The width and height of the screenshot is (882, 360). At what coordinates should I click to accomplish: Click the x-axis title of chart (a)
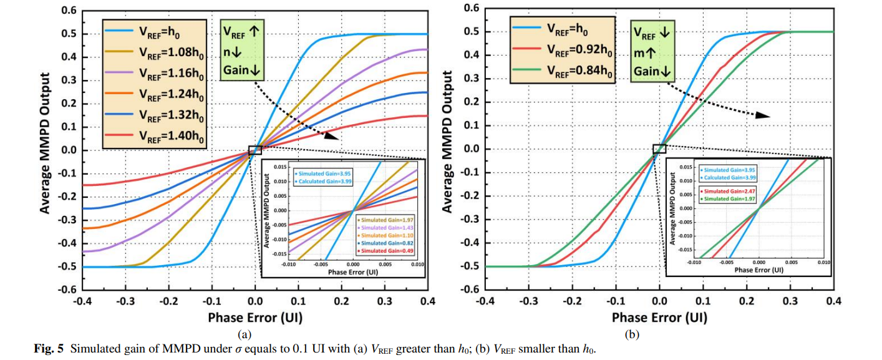pos(254,318)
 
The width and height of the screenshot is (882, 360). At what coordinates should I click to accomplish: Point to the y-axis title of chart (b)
pos(447,149)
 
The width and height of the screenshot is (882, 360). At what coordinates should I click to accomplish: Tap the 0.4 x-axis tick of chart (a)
pos(427,301)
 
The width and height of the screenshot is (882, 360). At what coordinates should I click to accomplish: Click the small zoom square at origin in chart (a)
pos(255,150)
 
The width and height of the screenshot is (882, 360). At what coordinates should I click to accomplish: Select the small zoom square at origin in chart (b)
pos(659,148)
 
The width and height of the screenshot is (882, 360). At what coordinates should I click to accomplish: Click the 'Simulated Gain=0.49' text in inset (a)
pos(387,251)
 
